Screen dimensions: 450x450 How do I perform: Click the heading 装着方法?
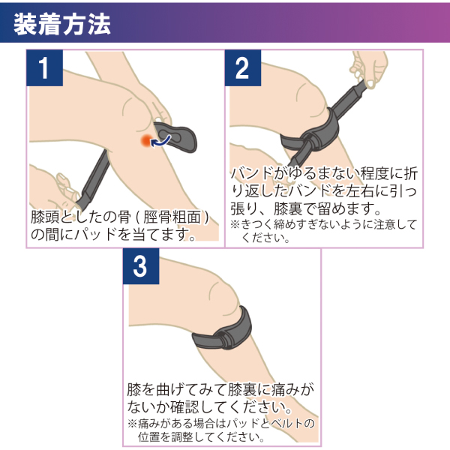tap(63, 22)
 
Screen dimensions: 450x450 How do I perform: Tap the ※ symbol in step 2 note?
tap(234, 224)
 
